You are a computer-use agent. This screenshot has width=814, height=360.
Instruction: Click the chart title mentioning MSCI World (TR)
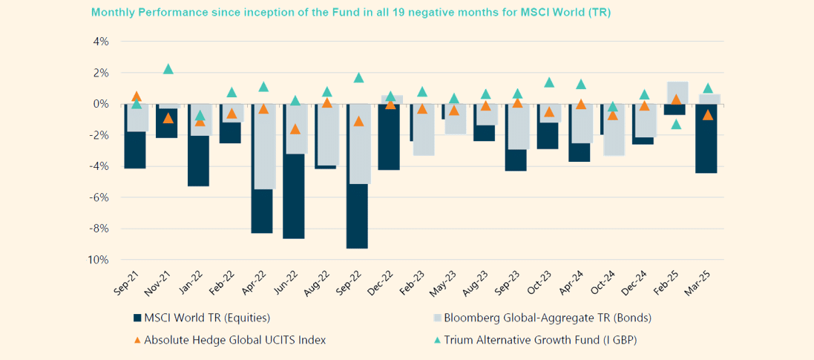350,13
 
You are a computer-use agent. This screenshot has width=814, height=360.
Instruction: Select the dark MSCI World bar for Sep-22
357,217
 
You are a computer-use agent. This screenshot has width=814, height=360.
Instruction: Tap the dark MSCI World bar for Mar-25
706,141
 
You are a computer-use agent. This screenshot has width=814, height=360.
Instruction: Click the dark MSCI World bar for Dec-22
389,137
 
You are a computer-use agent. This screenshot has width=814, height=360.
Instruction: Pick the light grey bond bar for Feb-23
424,130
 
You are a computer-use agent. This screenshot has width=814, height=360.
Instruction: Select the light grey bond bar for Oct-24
614,130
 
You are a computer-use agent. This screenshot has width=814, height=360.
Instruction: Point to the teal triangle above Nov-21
168,69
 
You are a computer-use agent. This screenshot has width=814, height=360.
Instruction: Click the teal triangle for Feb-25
676,124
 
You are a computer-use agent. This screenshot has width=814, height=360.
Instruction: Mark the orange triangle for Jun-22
295,129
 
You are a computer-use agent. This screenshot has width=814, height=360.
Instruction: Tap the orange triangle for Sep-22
358,121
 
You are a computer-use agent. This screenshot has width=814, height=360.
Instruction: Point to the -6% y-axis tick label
99,197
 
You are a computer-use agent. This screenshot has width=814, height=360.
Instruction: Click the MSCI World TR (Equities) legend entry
200,318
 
